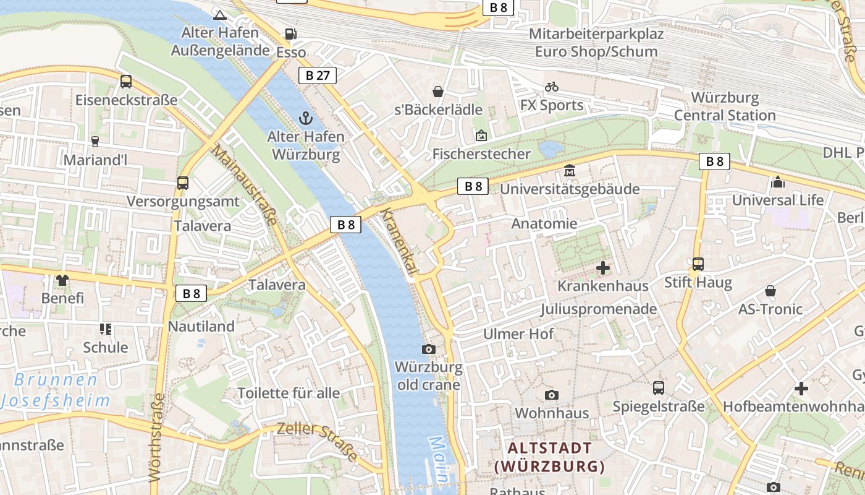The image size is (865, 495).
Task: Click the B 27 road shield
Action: click(x=318, y=75)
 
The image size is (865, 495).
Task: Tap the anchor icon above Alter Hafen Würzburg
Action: click(x=305, y=118)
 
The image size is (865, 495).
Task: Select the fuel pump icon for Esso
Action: click(x=290, y=33)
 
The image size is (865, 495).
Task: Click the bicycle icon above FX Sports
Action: click(x=552, y=87)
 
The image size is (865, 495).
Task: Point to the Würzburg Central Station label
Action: click(x=725, y=106)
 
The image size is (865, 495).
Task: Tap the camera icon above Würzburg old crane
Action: click(x=428, y=350)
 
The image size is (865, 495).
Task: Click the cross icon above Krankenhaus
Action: click(x=603, y=268)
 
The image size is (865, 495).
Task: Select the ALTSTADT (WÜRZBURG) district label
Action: click(x=549, y=457)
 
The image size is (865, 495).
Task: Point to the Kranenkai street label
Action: click(x=399, y=241)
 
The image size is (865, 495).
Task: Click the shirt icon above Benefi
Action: click(x=62, y=280)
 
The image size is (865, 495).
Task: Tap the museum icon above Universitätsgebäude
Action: click(x=569, y=170)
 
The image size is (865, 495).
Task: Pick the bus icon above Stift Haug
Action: click(x=698, y=264)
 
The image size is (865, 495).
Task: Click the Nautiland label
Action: click(x=201, y=326)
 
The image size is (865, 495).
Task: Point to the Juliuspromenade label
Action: click(x=598, y=309)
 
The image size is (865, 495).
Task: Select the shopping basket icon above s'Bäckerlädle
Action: click(x=438, y=92)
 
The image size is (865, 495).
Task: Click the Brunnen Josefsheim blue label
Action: click(x=56, y=390)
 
